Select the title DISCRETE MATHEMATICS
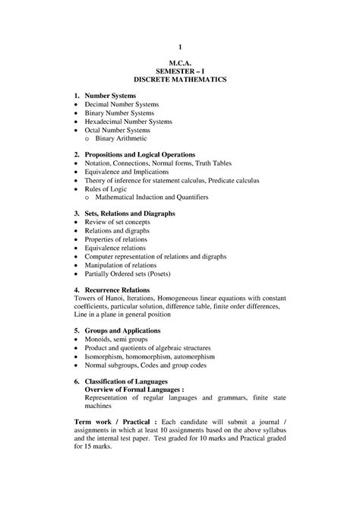(180, 80)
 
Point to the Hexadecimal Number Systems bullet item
(128, 122)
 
